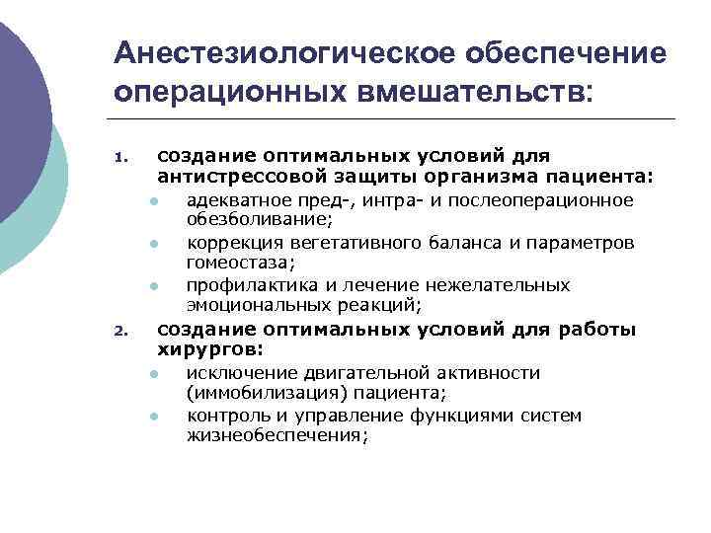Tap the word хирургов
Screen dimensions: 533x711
click(x=202, y=348)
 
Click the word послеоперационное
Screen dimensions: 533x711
click(x=554, y=201)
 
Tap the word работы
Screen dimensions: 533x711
click(x=601, y=330)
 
